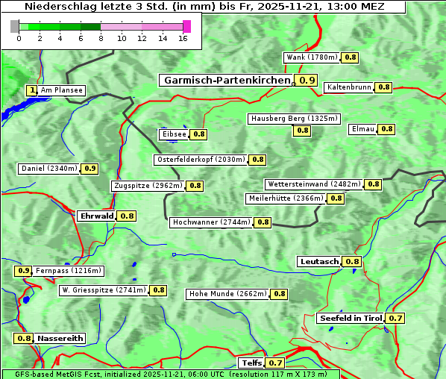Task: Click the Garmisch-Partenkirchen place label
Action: point(226,80)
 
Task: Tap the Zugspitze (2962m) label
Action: point(146,186)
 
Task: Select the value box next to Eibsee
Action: point(198,134)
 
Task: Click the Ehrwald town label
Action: point(96,216)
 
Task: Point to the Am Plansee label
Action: point(61,90)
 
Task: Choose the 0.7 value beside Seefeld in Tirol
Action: point(395,319)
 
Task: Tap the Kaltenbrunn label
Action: point(348,87)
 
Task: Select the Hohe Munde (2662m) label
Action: point(227,294)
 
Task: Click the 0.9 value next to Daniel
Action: point(89,169)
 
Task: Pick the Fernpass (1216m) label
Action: point(69,271)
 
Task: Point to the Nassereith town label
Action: point(60,338)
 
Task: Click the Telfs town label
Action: point(251,363)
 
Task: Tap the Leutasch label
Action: point(319,261)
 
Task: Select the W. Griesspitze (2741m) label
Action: point(104,290)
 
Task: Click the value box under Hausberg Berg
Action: point(302,131)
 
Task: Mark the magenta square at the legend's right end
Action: point(186,26)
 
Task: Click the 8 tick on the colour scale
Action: point(101,38)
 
